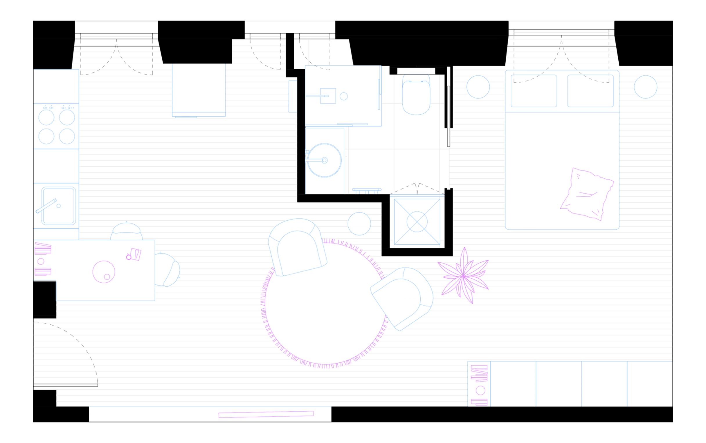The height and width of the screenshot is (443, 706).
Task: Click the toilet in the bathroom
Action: point(416,99)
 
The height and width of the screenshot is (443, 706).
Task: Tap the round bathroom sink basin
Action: point(324,160)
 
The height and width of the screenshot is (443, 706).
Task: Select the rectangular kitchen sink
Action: point(59,206)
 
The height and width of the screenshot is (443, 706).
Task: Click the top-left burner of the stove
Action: point(46,117)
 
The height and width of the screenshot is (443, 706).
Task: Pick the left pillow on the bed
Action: point(534,91)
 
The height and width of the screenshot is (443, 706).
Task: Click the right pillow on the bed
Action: point(590,91)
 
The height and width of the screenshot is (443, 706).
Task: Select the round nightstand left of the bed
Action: point(478,87)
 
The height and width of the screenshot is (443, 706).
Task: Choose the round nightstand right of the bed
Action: point(645,87)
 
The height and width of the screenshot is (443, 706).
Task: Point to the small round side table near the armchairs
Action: point(359,224)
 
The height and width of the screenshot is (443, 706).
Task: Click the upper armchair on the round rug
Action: point(298,247)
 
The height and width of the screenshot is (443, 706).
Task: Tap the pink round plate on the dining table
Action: point(104,272)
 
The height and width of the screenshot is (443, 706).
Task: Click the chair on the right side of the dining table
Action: point(167,269)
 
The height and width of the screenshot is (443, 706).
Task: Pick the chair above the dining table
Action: point(126,231)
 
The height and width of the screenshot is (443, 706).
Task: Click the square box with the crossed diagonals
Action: point(417,222)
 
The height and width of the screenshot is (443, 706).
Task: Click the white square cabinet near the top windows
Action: point(199,89)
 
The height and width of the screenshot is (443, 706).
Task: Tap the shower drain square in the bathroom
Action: point(328,96)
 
